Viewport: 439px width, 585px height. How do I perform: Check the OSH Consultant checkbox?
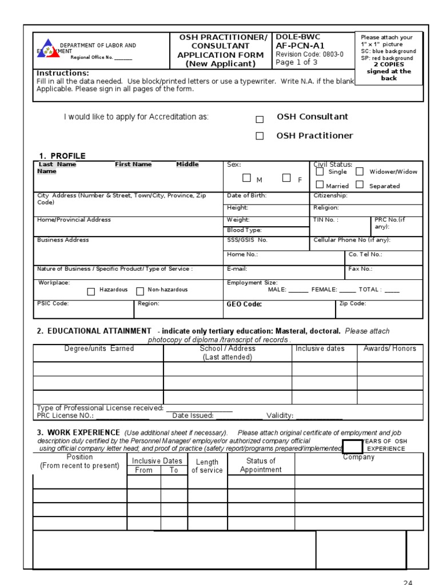260,119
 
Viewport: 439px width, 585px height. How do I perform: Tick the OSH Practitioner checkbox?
260,136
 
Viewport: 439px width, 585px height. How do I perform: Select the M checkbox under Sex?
246,178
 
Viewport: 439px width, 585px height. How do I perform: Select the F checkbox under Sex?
286,178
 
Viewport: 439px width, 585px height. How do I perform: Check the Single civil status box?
320,171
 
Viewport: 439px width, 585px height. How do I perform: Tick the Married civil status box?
320,185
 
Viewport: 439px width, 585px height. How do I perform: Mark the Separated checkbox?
360,185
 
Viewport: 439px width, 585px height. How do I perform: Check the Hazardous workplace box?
91,291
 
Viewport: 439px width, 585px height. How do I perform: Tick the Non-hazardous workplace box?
140,291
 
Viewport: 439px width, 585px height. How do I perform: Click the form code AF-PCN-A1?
298,46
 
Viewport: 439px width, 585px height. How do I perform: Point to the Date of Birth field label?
247,195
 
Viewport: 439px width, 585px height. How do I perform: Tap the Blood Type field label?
244,230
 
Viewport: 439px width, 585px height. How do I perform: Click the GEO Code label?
244,304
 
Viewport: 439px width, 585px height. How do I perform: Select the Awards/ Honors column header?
390,348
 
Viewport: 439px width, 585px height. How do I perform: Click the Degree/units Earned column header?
99,348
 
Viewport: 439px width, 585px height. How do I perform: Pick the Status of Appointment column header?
261,465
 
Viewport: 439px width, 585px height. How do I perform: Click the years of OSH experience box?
353,446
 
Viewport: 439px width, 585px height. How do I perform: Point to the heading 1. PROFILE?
62,156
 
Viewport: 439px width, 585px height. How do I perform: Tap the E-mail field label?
237,269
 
